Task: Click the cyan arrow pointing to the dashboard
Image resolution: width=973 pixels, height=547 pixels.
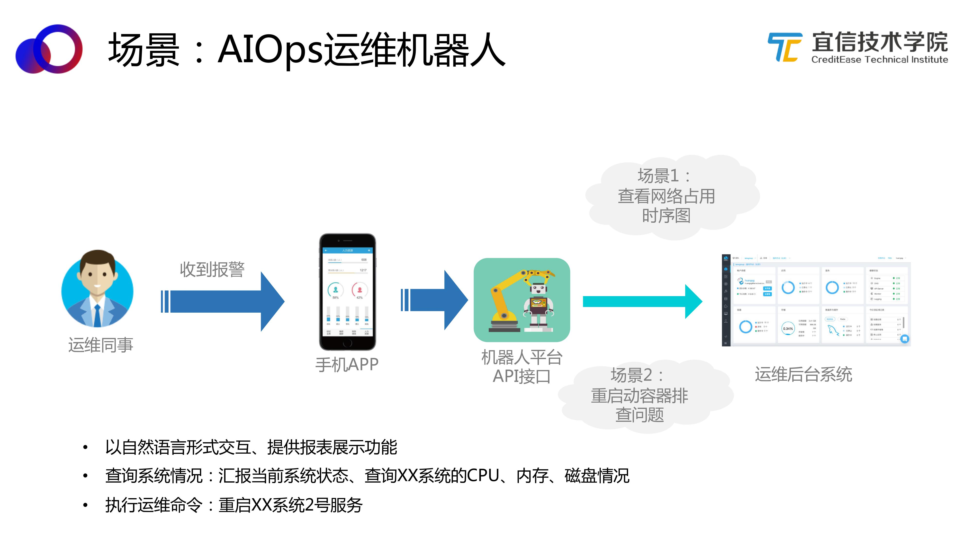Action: click(642, 301)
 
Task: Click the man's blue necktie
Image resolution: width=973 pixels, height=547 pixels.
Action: click(98, 315)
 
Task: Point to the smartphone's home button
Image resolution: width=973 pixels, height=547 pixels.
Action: click(347, 343)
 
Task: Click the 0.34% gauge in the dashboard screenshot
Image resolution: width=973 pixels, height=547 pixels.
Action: click(788, 328)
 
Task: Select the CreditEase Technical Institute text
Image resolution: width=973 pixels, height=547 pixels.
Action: click(879, 60)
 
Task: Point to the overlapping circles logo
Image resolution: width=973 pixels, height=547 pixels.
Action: click(49, 49)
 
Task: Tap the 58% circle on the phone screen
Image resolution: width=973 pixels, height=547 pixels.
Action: click(335, 290)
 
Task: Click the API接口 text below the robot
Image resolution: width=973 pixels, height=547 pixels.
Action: click(521, 376)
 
